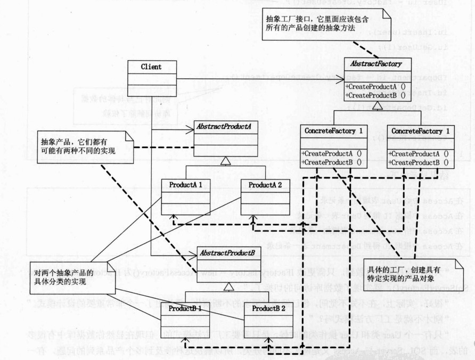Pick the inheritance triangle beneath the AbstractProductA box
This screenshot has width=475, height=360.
tap(226, 161)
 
